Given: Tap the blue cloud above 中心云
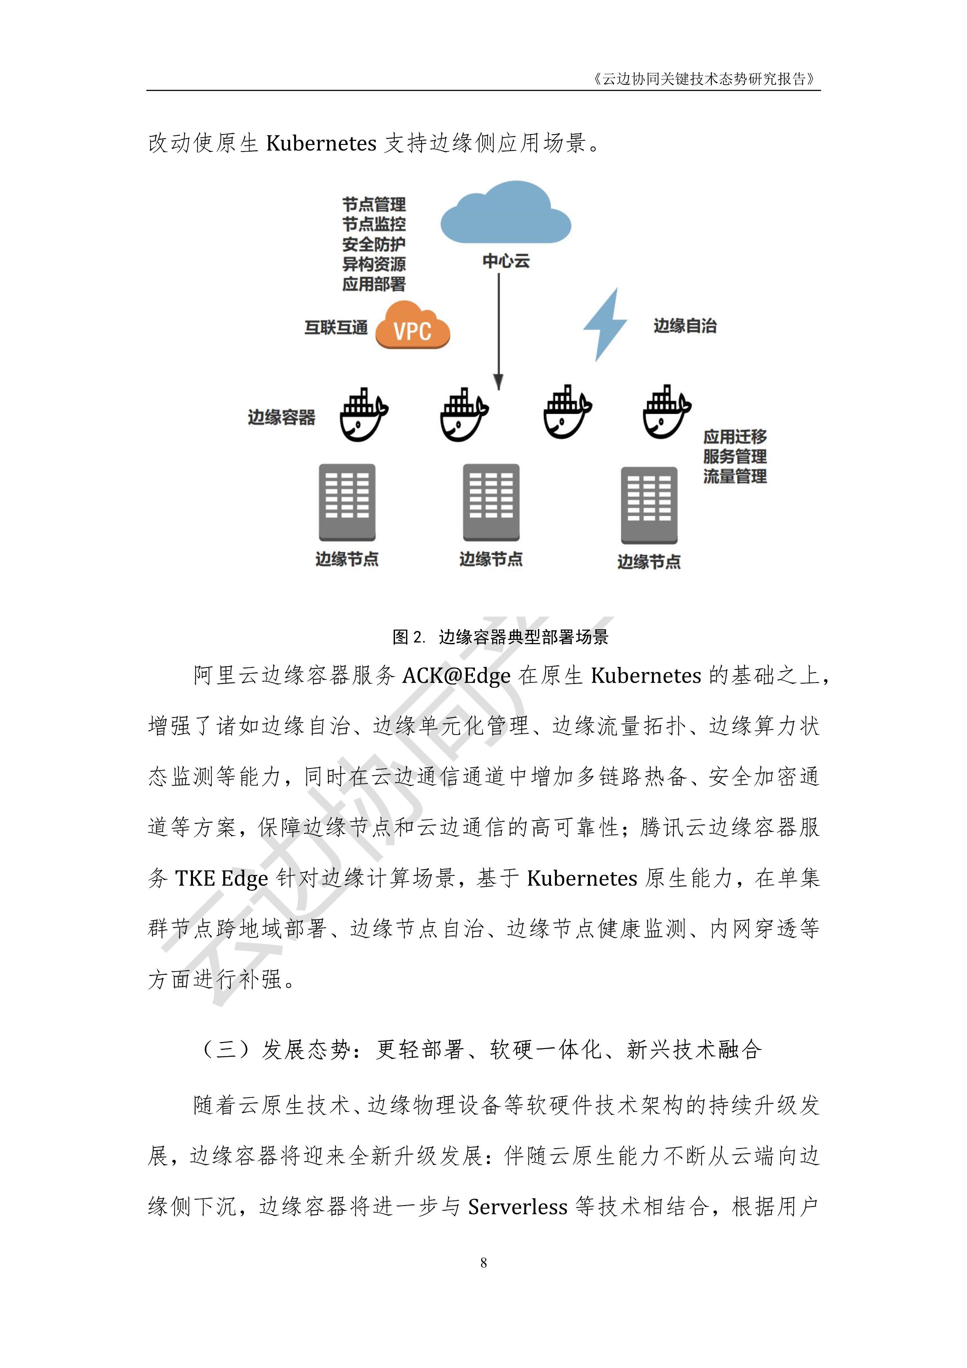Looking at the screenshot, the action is pos(505,213).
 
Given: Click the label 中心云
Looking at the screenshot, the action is pos(506,261).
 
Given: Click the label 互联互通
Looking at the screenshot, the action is pos(336,328).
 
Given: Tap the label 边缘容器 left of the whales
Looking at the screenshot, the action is pos(281,417).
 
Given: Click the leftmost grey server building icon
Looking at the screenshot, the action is pos(347,502).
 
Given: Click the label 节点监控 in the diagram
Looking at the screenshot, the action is pos(374,225).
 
